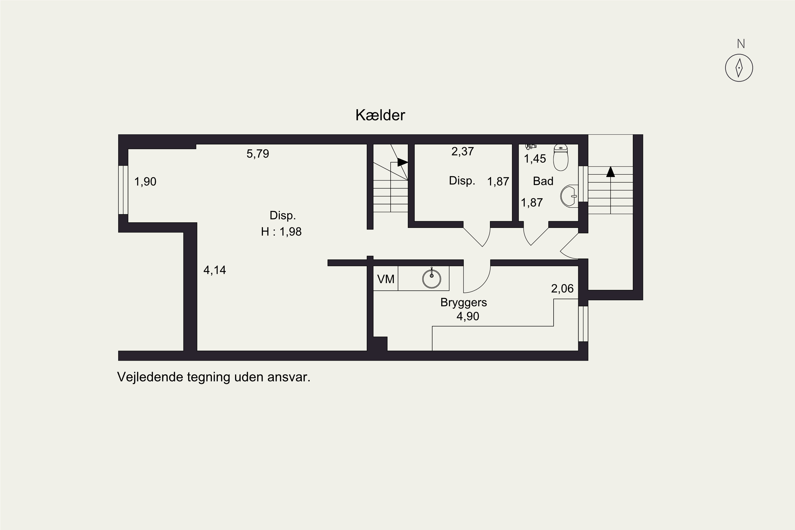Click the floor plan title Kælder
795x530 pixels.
380,115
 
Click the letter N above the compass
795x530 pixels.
741,44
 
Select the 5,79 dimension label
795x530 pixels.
258,154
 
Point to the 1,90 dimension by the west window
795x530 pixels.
145,182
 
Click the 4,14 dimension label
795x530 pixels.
215,270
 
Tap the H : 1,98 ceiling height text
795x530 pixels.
281,232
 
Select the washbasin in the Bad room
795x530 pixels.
569,196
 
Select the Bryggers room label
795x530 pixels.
463,303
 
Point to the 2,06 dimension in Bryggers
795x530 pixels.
562,289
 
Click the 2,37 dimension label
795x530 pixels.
462,151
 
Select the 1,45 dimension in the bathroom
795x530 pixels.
535,159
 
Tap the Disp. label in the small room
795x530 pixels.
462,181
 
